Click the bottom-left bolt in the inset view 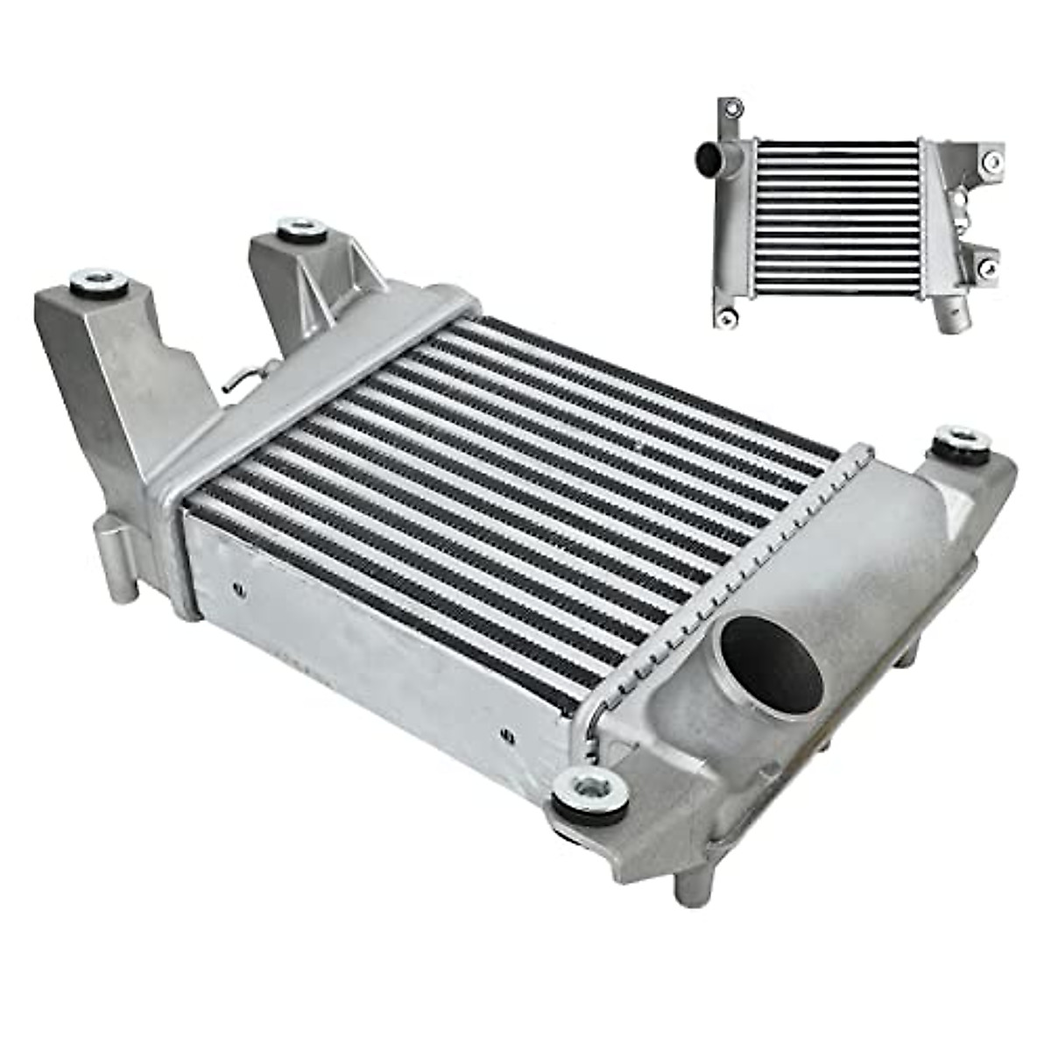click(x=725, y=319)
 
